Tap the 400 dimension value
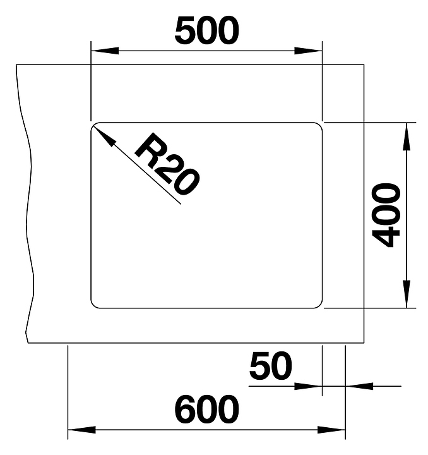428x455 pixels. point(386,215)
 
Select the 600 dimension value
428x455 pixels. point(207,410)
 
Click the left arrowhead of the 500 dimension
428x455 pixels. point(101,51)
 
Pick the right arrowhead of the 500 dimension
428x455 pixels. point(313,51)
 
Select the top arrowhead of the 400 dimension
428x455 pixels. point(407,131)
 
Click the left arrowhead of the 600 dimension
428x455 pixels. point(78,430)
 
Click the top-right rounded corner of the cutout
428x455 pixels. point(319,124)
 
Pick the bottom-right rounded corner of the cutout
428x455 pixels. point(319,305)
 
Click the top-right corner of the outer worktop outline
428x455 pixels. point(364,64)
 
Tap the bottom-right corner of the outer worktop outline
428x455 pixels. point(364,343)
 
